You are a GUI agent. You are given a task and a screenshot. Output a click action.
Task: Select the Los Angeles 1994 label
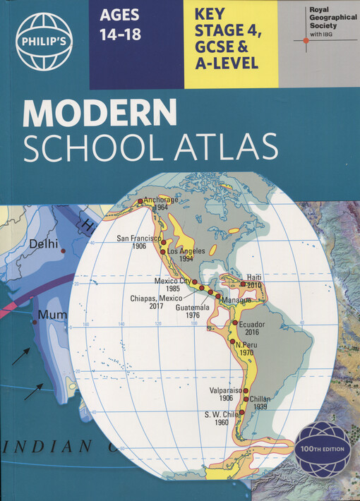tap(187, 255)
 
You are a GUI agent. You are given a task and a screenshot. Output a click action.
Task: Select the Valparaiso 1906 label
tap(226, 394)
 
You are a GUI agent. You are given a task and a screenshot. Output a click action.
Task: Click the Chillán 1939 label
tap(260, 403)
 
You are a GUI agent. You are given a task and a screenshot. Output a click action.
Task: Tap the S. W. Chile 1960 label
tap(220, 418)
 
